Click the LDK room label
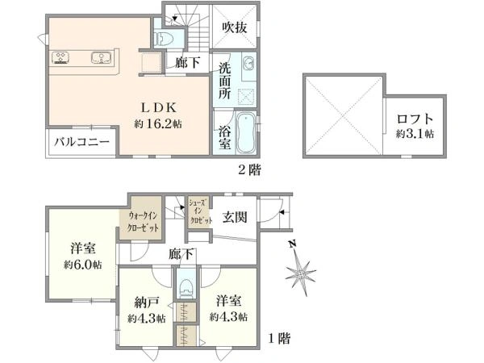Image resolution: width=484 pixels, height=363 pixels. tap(159, 108)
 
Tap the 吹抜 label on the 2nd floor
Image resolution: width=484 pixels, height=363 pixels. tap(235, 27)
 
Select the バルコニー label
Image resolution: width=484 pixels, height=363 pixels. tap(82, 142)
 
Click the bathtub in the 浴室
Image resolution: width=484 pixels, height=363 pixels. tap(246, 133)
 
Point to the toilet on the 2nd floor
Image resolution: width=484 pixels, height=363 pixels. tap(164, 38)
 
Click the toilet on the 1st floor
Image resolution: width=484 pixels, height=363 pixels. tap(186, 288)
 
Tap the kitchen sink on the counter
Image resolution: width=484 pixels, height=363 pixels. tap(101, 58)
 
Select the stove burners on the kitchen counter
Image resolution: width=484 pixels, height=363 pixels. tap(60, 58)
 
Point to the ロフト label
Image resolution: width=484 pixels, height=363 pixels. tap(415, 119)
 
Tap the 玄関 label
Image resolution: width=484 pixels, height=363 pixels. tap(235, 217)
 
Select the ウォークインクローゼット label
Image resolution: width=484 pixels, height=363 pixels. tap(144, 222)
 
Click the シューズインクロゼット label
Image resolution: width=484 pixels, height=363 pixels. tap(201, 211)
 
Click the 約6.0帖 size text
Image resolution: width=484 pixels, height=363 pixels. tap(83, 265)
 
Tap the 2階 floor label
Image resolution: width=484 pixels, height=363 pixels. tap(249, 169)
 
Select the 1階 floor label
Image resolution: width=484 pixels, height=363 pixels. tap(279, 339)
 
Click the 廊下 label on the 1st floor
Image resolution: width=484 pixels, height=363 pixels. tap(181, 255)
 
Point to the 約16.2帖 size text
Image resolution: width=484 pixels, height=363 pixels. tap(158, 124)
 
